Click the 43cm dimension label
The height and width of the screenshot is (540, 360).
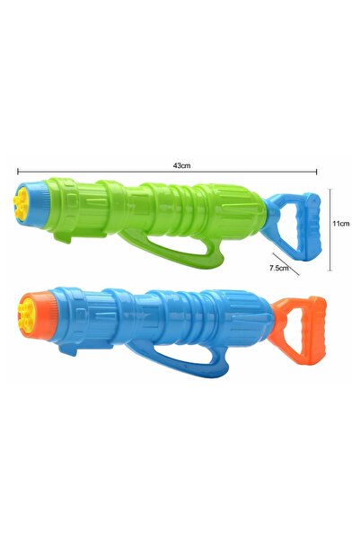click(x=181, y=165)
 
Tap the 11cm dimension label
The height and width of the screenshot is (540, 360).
click(x=341, y=223)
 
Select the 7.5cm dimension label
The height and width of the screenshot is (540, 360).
click(x=279, y=268)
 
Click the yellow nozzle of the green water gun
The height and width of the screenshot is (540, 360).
click(x=21, y=205)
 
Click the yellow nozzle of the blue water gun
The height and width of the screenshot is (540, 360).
click(x=25, y=314)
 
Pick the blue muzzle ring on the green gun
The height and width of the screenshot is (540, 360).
click(x=34, y=204)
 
